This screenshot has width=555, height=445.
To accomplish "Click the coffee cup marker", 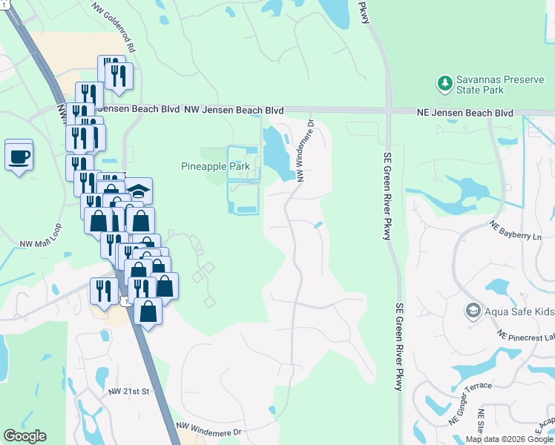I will (x=19, y=156).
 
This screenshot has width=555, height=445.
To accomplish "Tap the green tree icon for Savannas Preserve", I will (x=445, y=82).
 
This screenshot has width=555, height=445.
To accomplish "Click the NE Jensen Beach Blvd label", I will (x=476, y=113).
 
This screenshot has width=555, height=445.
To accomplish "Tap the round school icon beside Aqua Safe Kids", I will (x=472, y=309).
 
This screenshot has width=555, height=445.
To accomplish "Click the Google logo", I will (x=24, y=436).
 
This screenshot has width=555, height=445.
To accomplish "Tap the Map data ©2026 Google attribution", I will (x=509, y=439).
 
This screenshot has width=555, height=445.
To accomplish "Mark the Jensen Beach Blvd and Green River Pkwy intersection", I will (x=388, y=111).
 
